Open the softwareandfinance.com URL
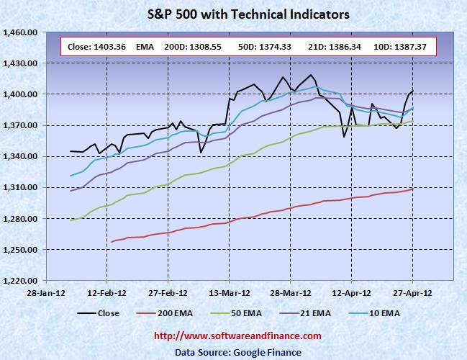pyautogui.click(x=238, y=336)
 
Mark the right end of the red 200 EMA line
pyautogui.click(x=413, y=189)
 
